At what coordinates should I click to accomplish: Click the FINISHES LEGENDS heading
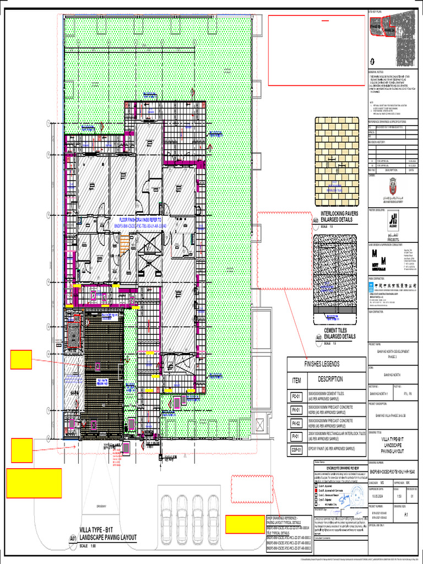pos(327,364)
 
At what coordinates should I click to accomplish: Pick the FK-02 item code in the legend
pos(296,423)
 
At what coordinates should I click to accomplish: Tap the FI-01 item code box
pos(296,437)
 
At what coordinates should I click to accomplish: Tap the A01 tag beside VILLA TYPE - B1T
pos(73,538)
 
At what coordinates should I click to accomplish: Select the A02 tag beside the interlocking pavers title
pos(316,220)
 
